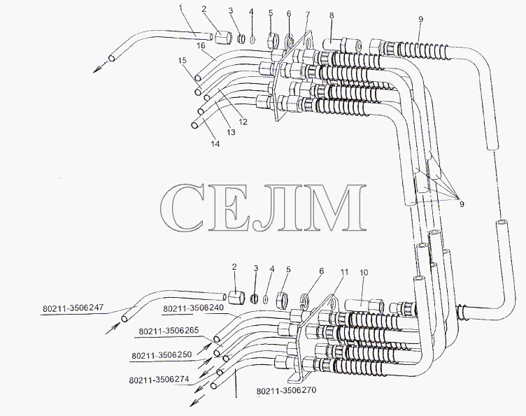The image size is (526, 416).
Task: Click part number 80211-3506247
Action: (x=73, y=308)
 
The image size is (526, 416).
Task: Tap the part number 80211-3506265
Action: (x=169, y=331)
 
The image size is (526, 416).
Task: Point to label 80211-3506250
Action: (x=162, y=355)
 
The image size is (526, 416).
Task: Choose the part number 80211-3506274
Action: (x=159, y=380)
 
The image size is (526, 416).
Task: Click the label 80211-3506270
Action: (x=286, y=391)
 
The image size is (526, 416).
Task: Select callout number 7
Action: (x=308, y=15)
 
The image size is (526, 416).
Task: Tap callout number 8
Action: (x=332, y=15)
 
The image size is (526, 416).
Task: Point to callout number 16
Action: (x=201, y=45)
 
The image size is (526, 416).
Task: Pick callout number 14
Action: (x=215, y=143)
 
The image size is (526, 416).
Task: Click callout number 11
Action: (x=344, y=272)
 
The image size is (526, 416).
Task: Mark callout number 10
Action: (x=364, y=273)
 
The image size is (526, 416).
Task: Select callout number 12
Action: (x=243, y=122)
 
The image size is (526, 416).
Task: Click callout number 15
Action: (x=182, y=60)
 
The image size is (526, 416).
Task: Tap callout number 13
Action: (x=231, y=132)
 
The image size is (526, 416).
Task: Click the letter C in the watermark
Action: (x=182, y=208)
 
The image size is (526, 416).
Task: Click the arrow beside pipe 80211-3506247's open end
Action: (x=113, y=327)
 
